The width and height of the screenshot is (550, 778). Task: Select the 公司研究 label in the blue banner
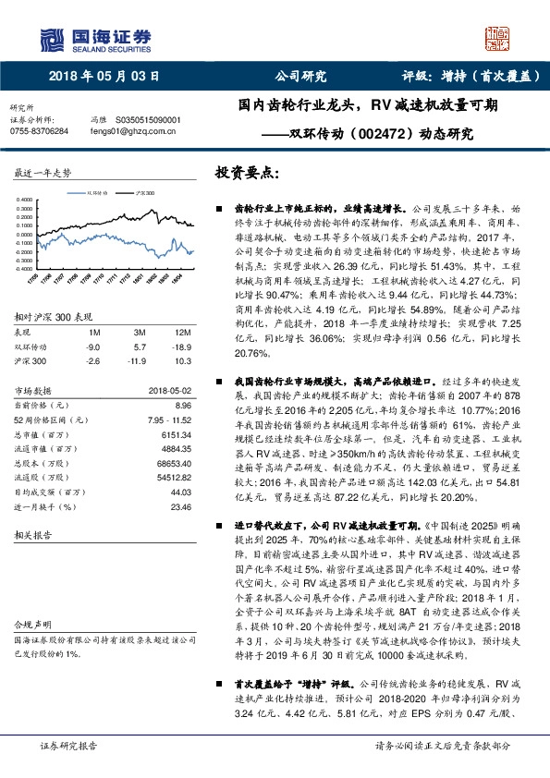click(301, 78)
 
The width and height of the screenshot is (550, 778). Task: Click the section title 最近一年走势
click(43, 174)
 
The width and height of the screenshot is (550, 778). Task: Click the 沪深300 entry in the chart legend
click(144, 194)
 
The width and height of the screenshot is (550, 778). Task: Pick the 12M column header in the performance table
click(183, 332)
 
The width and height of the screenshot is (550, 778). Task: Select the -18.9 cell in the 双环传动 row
click(183, 346)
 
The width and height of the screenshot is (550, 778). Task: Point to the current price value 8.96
click(182, 405)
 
